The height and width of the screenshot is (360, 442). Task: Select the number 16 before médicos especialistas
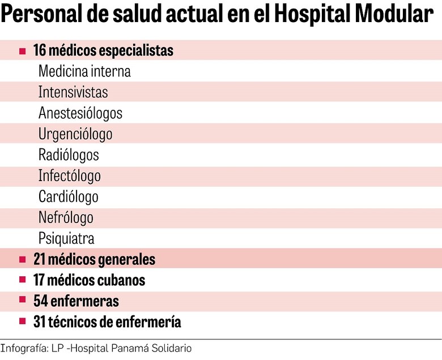[40, 51]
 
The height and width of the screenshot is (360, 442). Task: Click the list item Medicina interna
[84, 72]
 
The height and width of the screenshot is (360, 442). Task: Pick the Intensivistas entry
[73, 92]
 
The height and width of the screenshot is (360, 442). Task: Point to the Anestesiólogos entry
[80, 113]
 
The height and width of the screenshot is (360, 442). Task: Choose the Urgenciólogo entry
[75, 135]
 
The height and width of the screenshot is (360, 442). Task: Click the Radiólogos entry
[69, 155]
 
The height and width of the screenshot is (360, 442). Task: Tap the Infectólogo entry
[70, 176]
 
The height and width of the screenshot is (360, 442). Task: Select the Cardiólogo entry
[69, 197]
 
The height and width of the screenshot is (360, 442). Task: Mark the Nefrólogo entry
[66, 218]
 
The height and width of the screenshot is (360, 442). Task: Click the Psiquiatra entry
[66, 238]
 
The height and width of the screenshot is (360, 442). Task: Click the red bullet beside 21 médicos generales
[23, 260]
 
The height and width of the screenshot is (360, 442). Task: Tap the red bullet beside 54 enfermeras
[23, 301]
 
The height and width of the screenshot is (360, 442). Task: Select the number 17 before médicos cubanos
[40, 280]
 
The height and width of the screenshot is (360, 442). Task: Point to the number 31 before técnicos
[40, 322]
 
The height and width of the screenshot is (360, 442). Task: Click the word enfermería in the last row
[151, 322]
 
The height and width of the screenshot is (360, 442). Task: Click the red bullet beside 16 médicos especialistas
[23, 51]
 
